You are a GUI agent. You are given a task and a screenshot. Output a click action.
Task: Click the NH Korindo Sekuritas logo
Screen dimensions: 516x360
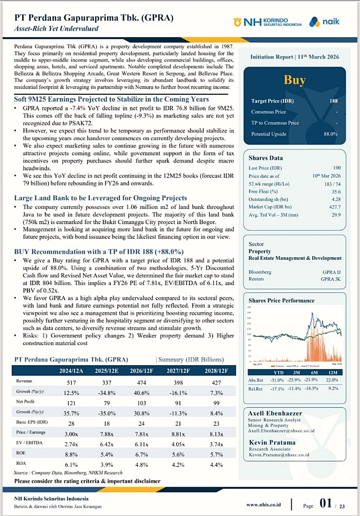(268, 22)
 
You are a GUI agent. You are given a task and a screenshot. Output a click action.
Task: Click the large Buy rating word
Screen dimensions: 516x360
(295, 80)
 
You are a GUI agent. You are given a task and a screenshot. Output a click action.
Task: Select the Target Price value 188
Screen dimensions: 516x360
(334, 101)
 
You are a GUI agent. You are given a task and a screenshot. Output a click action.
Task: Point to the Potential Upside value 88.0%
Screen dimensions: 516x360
(330, 134)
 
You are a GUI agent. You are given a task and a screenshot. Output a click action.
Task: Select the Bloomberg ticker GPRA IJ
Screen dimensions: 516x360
(332, 272)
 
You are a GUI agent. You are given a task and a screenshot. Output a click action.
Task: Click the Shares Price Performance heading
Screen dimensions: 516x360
(281, 300)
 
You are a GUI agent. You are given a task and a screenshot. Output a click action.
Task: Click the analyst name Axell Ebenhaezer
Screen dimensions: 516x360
(275, 413)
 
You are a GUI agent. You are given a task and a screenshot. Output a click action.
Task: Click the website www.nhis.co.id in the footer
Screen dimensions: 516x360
(263, 504)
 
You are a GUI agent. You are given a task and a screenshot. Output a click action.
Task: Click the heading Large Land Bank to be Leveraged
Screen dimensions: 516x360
(100, 198)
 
